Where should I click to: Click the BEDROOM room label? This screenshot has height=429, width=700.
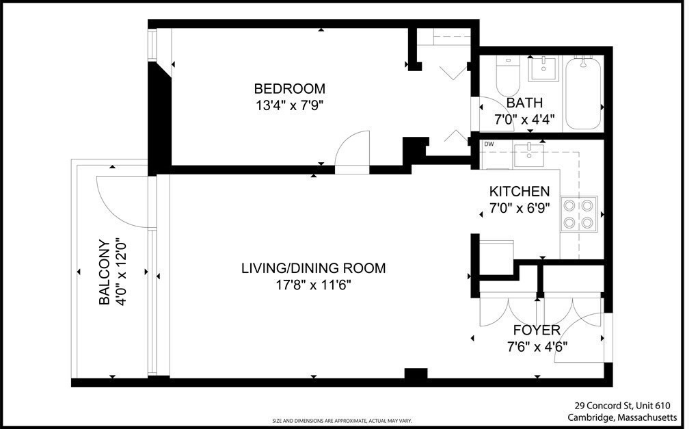(289, 88)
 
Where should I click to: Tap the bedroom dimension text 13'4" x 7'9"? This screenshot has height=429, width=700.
(289, 106)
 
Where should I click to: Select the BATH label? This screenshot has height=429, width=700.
(524, 103)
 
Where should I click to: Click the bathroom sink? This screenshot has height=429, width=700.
(543, 69)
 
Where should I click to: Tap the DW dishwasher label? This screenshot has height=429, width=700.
(489, 144)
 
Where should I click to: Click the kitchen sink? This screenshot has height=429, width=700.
(528, 155)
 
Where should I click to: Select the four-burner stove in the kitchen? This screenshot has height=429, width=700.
(579, 213)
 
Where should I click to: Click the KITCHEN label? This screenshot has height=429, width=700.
(520, 192)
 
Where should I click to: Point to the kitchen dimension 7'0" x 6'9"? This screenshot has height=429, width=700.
(520, 208)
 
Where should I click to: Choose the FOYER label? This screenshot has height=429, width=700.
(537, 330)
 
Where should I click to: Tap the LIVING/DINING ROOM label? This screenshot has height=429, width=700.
(313, 268)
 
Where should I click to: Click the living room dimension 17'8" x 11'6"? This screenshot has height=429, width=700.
(313, 285)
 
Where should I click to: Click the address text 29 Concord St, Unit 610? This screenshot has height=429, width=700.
(622, 406)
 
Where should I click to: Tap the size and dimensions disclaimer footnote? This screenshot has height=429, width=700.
(342, 421)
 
